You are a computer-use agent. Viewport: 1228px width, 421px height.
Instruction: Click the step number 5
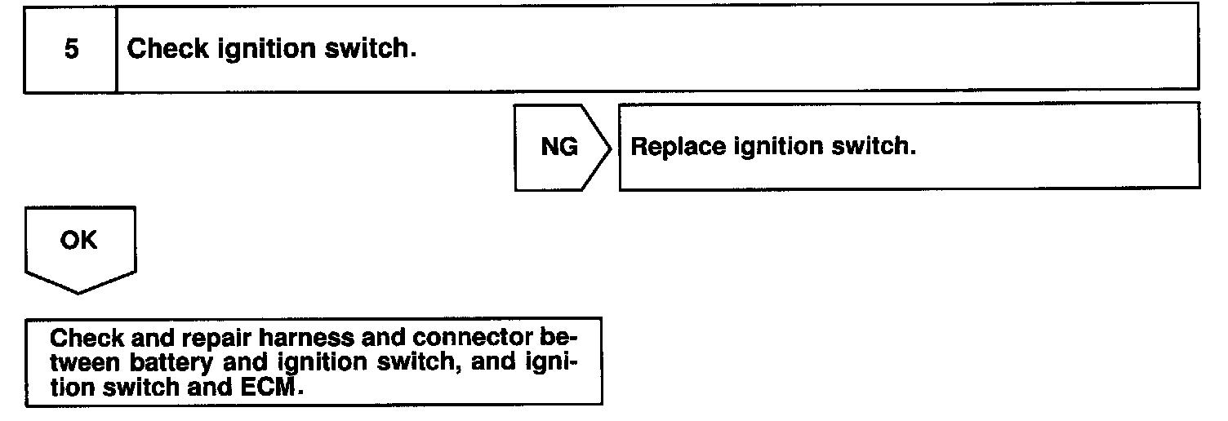[x=72, y=50]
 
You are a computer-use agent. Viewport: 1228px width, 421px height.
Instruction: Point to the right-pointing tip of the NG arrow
[x=611, y=148]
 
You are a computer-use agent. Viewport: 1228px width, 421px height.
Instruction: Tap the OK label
[x=79, y=241]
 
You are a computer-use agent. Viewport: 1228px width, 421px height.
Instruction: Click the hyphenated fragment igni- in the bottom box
[x=546, y=362]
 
